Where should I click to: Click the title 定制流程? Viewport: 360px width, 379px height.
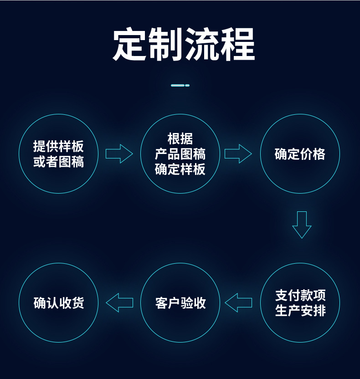[x=184, y=45]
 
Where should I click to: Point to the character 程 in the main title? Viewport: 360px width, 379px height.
[x=237, y=45]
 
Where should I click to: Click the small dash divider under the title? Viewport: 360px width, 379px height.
[x=180, y=85]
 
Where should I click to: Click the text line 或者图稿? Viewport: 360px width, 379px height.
[x=58, y=162]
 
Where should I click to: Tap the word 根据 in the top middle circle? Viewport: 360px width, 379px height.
[x=180, y=139]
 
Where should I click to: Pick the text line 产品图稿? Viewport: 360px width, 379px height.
[x=180, y=154]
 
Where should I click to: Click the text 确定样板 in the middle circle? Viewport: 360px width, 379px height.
[x=180, y=169]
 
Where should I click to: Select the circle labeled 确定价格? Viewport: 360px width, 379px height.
[x=300, y=154]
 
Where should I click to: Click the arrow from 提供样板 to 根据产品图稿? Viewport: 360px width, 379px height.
[x=119, y=154]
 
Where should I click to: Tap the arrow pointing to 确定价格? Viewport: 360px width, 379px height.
[x=238, y=154]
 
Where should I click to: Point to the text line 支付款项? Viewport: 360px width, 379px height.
[x=300, y=295]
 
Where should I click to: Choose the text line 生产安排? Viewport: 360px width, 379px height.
[x=300, y=311]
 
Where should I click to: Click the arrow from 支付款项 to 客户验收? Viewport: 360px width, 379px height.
[x=238, y=302]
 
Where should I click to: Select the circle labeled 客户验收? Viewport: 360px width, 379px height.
[x=180, y=303]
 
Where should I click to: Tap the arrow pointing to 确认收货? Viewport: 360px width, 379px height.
[x=119, y=302]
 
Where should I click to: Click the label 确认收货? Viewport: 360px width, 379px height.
[x=59, y=303]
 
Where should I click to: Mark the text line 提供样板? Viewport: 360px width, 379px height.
[x=58, y=146]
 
